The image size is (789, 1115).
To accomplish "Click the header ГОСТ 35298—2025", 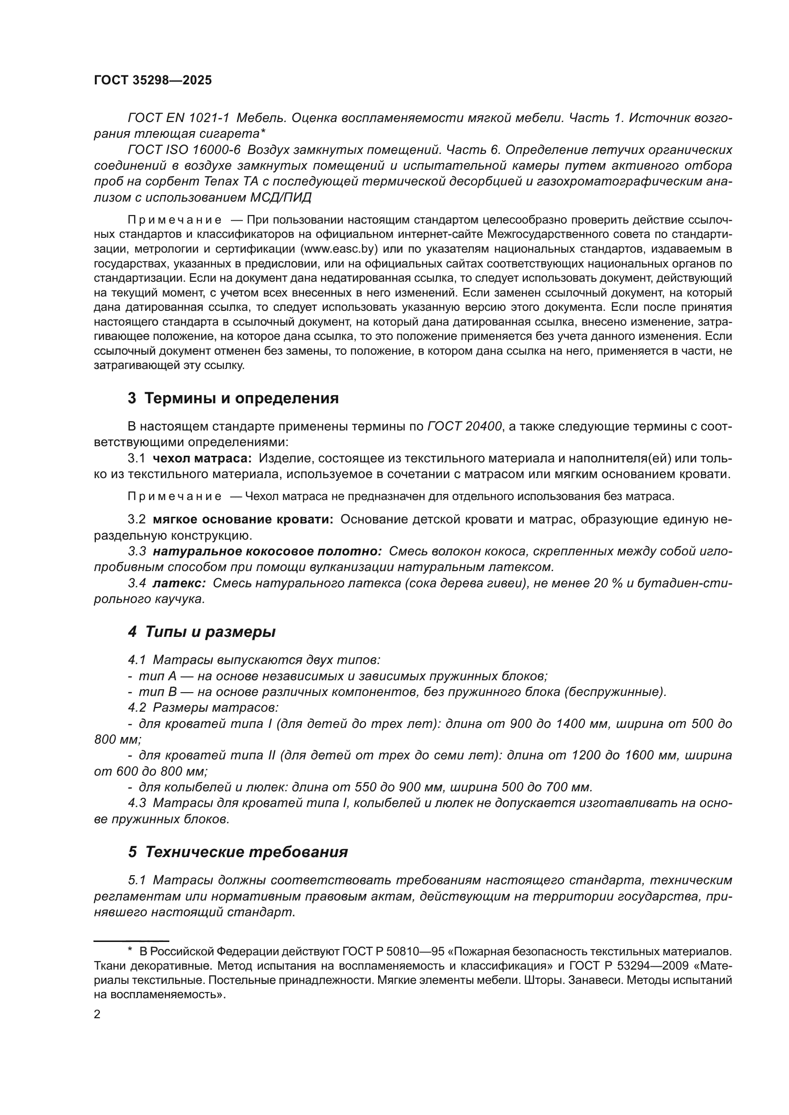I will coord(153,81).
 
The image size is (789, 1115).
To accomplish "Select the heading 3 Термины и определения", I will coord(233,398).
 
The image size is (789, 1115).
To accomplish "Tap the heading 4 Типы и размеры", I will coord(202,632).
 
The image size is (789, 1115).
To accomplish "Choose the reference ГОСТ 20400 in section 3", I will coord(465,426).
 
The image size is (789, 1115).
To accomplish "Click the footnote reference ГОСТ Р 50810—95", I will coord(393,951).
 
